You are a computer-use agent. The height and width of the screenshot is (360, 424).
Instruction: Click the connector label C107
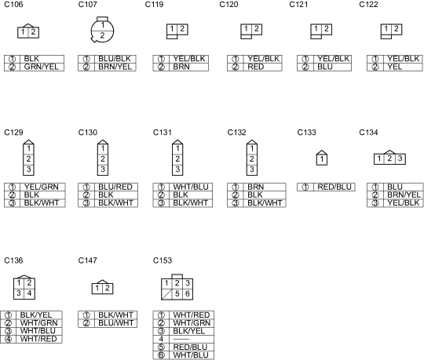[87, 5]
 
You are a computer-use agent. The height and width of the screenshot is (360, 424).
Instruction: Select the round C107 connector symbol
[102, 30]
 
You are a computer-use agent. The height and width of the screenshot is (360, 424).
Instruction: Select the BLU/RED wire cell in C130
[115, 187]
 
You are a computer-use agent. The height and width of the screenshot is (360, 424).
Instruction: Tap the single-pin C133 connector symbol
[322, 158]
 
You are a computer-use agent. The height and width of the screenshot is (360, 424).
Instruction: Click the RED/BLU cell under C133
[334, 187]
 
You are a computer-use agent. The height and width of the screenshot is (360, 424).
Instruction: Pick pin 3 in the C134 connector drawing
[400, 158]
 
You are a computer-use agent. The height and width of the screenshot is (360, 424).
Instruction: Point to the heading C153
[163, 260]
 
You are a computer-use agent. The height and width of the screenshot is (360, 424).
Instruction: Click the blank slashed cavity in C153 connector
[166, 294]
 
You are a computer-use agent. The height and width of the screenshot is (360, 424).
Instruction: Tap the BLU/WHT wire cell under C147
[115, 323]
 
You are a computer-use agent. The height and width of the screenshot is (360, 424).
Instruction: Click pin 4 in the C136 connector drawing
[30, 293]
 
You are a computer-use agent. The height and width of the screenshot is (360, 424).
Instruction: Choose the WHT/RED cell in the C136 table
[38, 339]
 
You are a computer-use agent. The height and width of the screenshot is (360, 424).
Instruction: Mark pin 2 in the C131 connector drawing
[177, 158]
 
